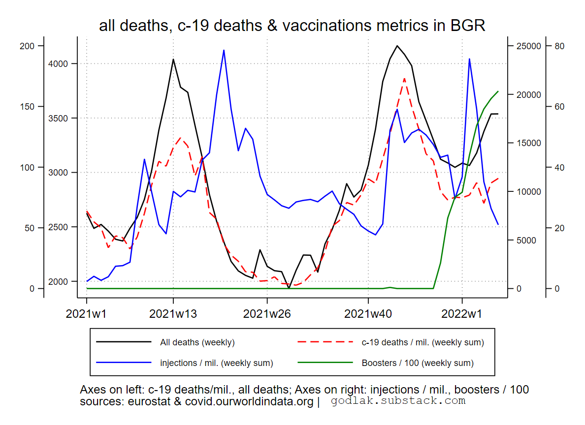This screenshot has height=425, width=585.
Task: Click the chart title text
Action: [x=292, y=26]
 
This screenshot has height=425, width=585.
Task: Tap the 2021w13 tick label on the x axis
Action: [x=173, y=313]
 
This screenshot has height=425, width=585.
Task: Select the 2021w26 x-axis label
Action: [x=267, y=313]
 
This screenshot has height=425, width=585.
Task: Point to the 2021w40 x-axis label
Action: [x=368, y=313]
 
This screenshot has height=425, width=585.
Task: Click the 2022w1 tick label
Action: [x=462, y=313]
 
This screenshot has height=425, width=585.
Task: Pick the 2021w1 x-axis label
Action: [x=87, y=313]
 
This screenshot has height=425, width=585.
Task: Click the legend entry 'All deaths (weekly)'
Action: [x=197, y=342]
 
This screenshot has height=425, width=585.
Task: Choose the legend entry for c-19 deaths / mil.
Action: [x=422, y=342]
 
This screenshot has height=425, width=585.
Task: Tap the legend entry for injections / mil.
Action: [x=216, y=363]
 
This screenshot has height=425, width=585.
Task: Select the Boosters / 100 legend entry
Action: [x=418, y=363]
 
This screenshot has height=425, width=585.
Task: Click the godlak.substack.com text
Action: [x=398, y=401]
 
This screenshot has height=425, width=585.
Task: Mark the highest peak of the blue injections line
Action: [x=224, y=50]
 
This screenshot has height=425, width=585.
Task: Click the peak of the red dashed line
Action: [x=404, y=78]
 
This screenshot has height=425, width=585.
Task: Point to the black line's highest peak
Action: [x=397, y=46]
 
